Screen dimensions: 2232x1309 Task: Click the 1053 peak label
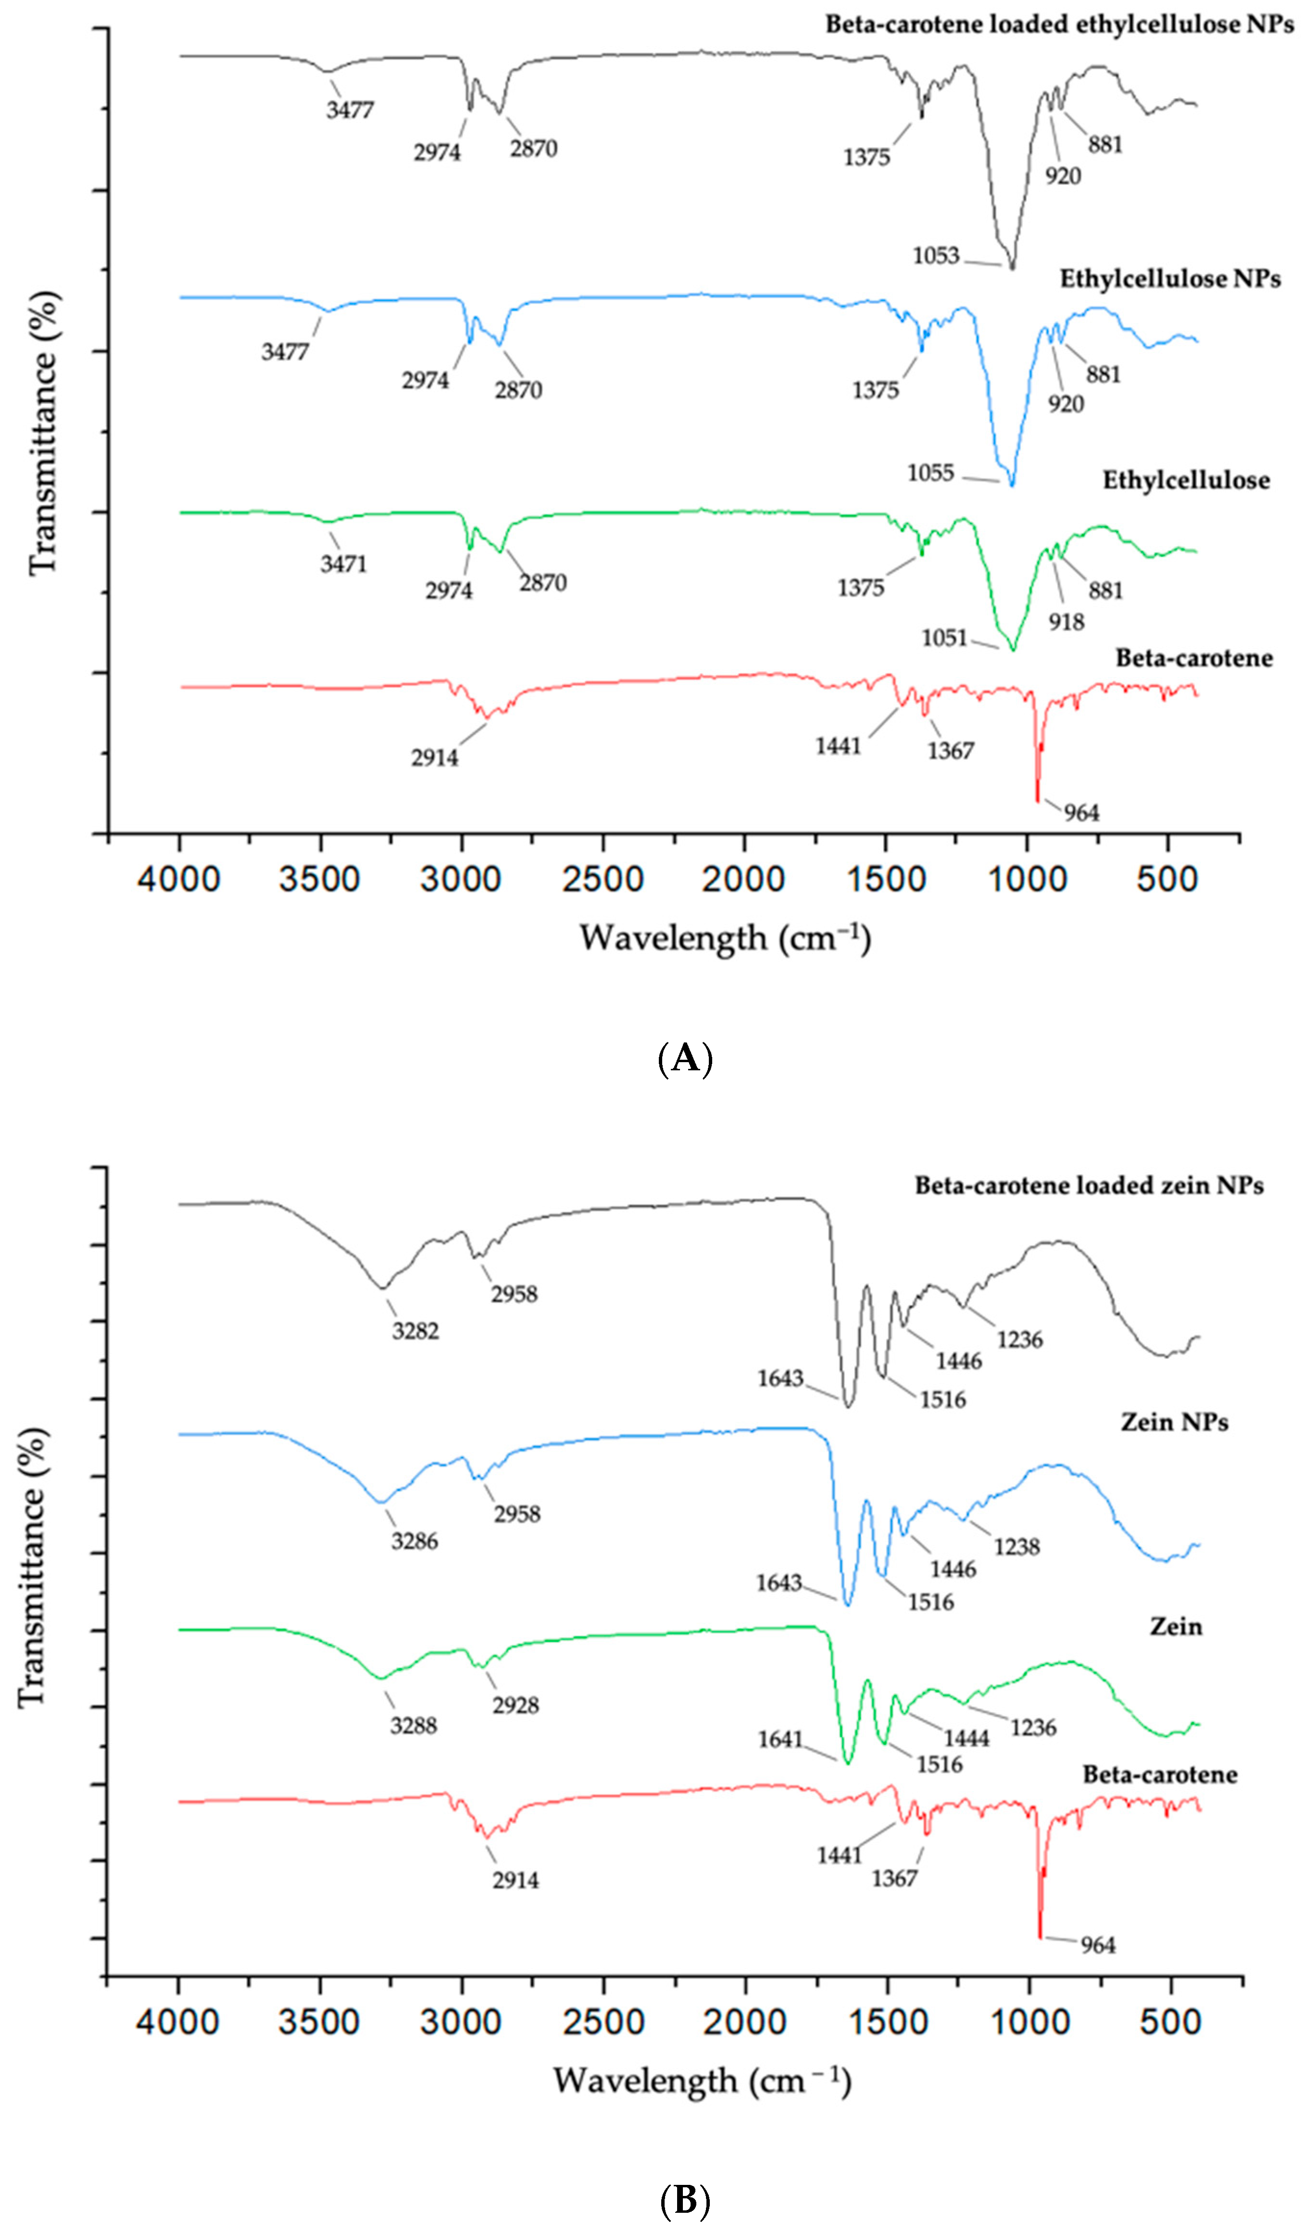click(x=936, y=256)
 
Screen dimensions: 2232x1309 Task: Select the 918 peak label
click(x=1066, y=623)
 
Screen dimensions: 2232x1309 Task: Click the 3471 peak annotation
click(x=344, y=564)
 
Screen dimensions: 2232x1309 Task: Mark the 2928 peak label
click(x=516, y=1705)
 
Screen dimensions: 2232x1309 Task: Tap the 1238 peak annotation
click(x=1017, y=1547)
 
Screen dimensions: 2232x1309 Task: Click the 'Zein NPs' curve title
click(x=1174, y=1422)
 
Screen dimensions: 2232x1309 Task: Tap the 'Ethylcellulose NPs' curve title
click(x=1170, y=279)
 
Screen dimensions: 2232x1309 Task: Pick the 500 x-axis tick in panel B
click(x=1171, y=2022)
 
